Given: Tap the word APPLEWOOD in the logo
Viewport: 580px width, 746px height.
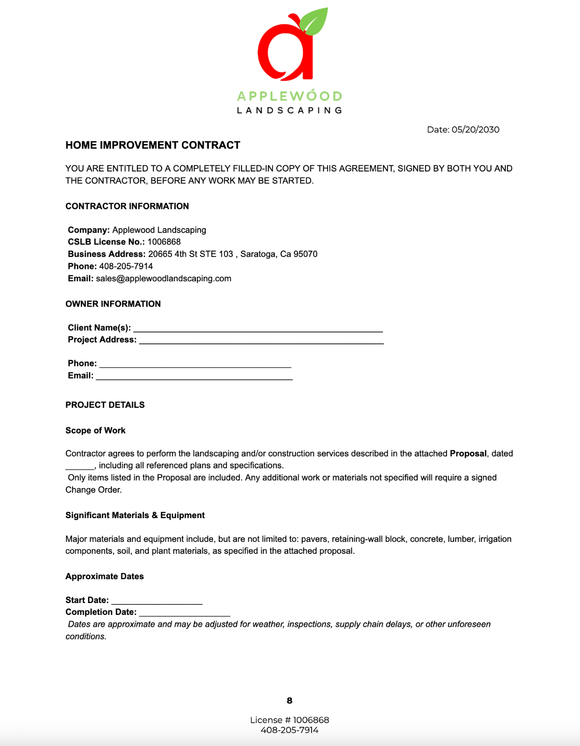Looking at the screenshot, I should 289,96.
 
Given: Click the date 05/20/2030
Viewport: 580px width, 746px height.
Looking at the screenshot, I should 475,130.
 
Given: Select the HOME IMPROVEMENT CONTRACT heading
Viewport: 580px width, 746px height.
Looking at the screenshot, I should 153,145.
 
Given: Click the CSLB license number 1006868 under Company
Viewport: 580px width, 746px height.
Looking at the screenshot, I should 164,242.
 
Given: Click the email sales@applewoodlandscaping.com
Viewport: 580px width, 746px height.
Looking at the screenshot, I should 163,278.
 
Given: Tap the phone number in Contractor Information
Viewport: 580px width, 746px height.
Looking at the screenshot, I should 126,266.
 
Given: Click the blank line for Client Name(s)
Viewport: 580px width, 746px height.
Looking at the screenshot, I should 258,328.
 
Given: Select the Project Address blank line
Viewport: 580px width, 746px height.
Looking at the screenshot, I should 261,340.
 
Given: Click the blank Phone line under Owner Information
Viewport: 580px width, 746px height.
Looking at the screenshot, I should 195,364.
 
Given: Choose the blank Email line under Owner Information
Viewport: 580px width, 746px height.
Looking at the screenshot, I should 194,377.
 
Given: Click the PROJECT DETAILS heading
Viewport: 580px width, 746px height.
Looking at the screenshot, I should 105,405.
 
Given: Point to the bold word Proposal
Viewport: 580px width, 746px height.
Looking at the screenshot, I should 468,453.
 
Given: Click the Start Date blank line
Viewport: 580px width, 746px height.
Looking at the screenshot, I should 157,601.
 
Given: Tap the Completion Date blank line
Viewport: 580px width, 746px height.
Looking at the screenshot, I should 185,613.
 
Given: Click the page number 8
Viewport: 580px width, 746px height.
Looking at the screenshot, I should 289,700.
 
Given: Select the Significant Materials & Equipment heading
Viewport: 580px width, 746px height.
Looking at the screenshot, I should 135,515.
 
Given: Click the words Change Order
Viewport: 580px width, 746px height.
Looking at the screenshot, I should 93,490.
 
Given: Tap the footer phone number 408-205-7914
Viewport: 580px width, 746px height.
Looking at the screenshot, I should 289,730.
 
